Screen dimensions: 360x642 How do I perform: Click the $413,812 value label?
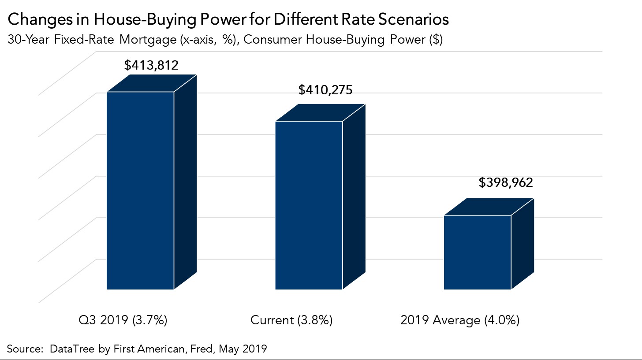point(151,66)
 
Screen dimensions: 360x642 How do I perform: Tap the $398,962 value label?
point(506,182)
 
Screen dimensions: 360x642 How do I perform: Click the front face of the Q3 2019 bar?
point(140,190)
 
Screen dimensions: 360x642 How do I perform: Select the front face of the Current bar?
point(309,205)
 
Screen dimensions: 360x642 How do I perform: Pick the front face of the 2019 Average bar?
point(477,252)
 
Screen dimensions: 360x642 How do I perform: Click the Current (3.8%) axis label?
point(291,320)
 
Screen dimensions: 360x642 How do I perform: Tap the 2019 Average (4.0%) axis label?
point(460,320)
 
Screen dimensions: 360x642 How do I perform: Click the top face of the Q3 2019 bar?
point(152,83)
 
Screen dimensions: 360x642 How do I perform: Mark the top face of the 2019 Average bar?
point(489,207)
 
